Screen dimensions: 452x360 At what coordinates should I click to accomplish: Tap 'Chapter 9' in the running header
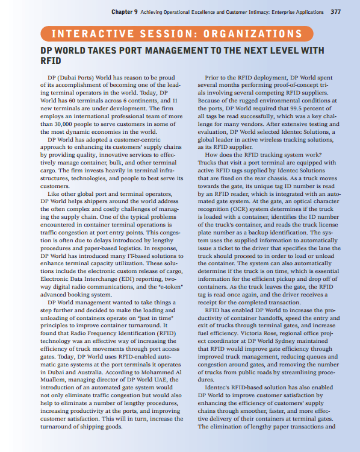(123, 11)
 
